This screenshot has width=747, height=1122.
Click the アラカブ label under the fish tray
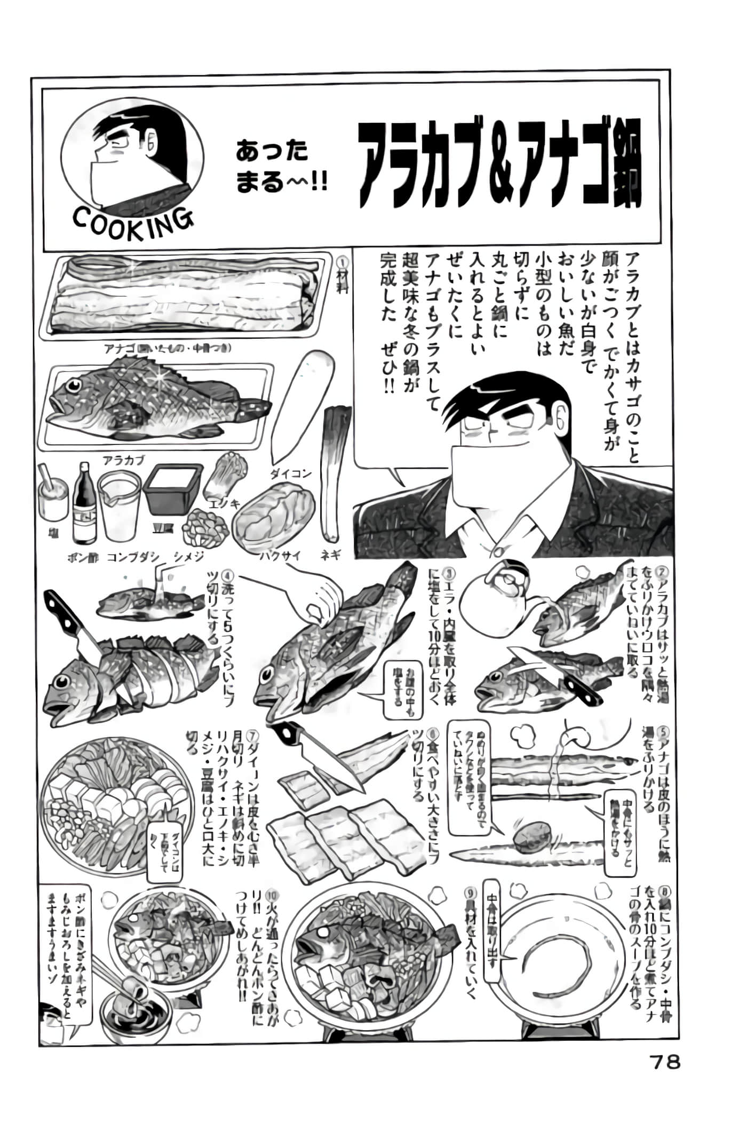click(x=123, y=460)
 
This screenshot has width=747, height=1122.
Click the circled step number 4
click(x=228, y=578)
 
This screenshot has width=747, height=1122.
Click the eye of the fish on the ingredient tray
click(x=74, y=385)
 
